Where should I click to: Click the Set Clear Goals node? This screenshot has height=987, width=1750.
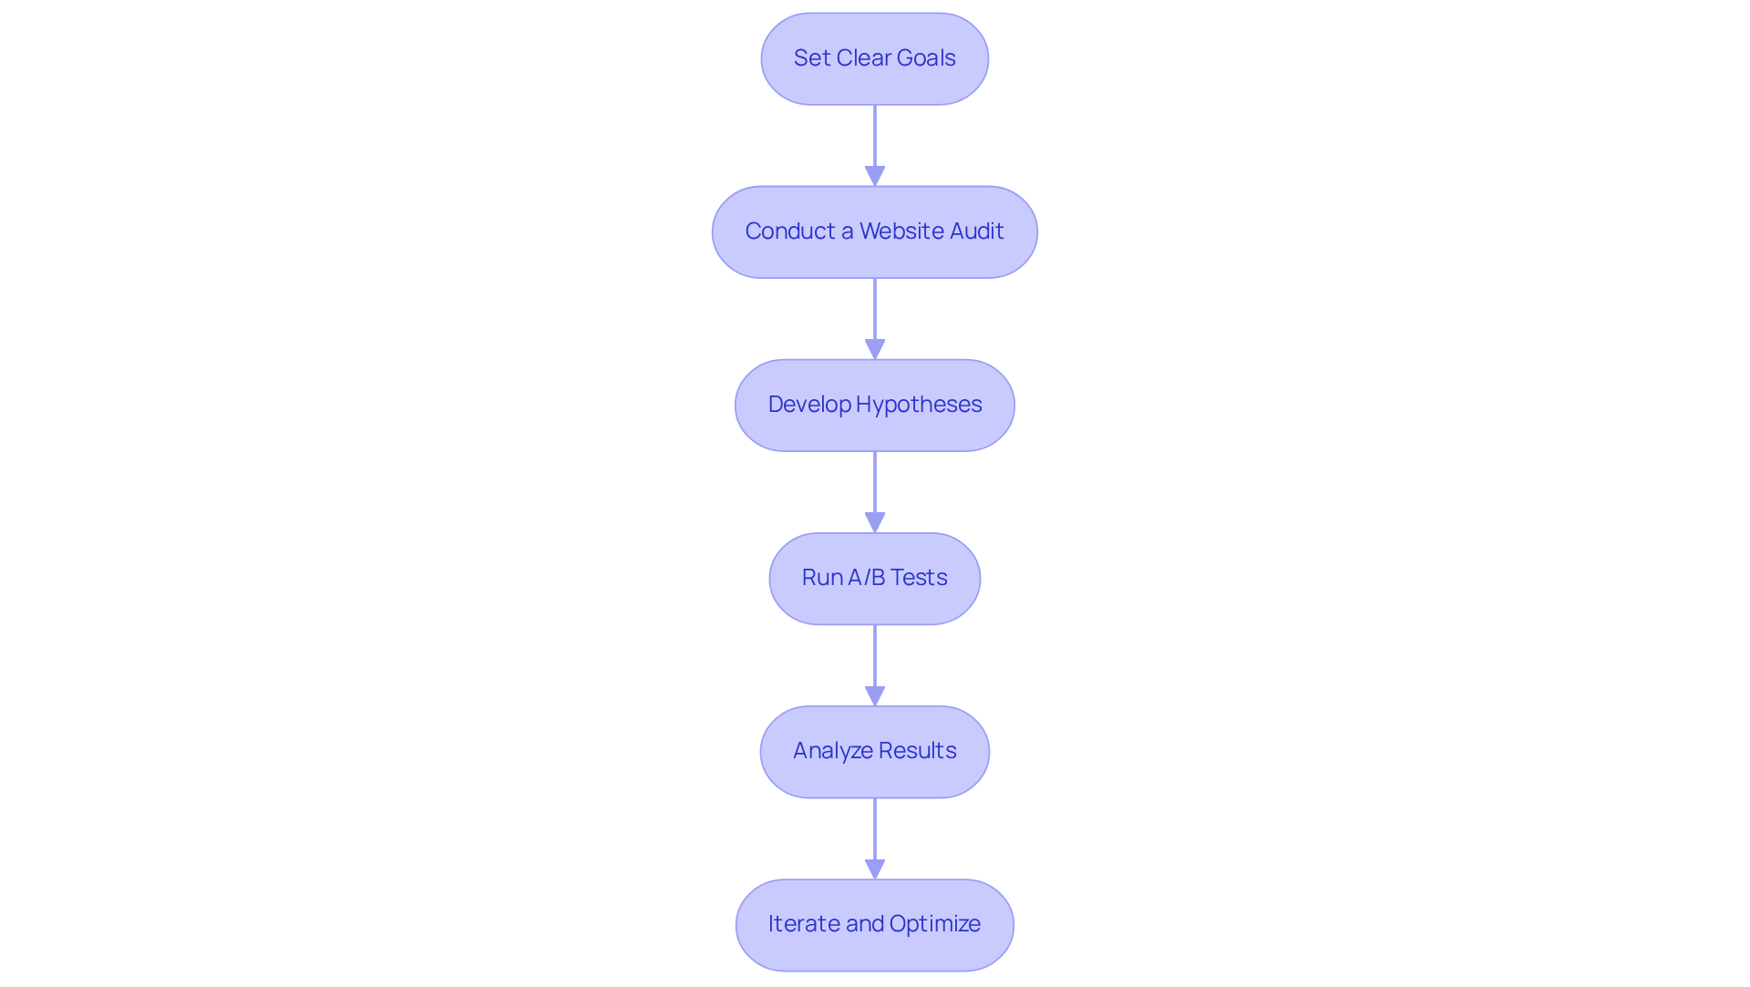pos(874,58)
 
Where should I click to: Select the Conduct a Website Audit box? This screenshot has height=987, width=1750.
pos(874,231)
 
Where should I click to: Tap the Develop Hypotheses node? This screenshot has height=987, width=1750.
pos(874,405)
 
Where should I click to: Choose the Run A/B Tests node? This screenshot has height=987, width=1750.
pos(874,578)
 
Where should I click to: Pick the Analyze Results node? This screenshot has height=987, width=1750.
pos(874,751)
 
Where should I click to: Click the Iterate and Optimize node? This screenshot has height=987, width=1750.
pos(874,924)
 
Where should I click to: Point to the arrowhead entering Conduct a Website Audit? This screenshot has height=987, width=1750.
pos(875,176)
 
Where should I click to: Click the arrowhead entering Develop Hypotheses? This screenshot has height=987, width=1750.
pos(875,349)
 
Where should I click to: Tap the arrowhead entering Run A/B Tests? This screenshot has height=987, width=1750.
pos(875,522)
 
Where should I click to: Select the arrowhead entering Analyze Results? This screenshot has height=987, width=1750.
pos(875,695)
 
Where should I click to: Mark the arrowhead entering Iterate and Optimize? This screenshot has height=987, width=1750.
pos(875,869)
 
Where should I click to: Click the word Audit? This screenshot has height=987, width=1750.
pos(977,231)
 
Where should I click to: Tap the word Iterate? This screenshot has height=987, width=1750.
pos(803,924)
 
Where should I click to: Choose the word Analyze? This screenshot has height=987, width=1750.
pos(826,751)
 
